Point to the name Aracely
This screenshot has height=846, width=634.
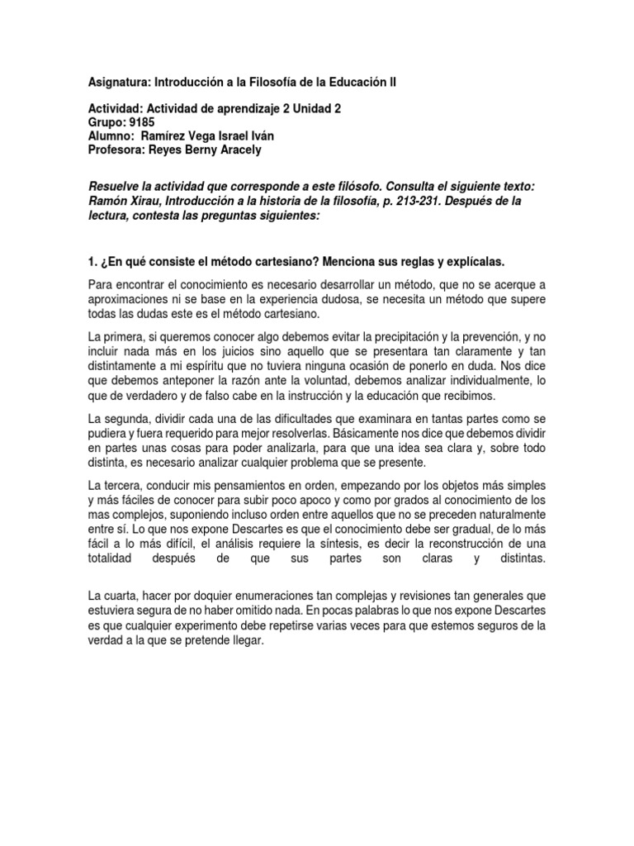pyautogui.click(x=241, y=150)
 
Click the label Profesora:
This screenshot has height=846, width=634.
pyautogui.click(x=117, y=150)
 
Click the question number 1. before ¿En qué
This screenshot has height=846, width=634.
pyautogui.click(x=92, y=261)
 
